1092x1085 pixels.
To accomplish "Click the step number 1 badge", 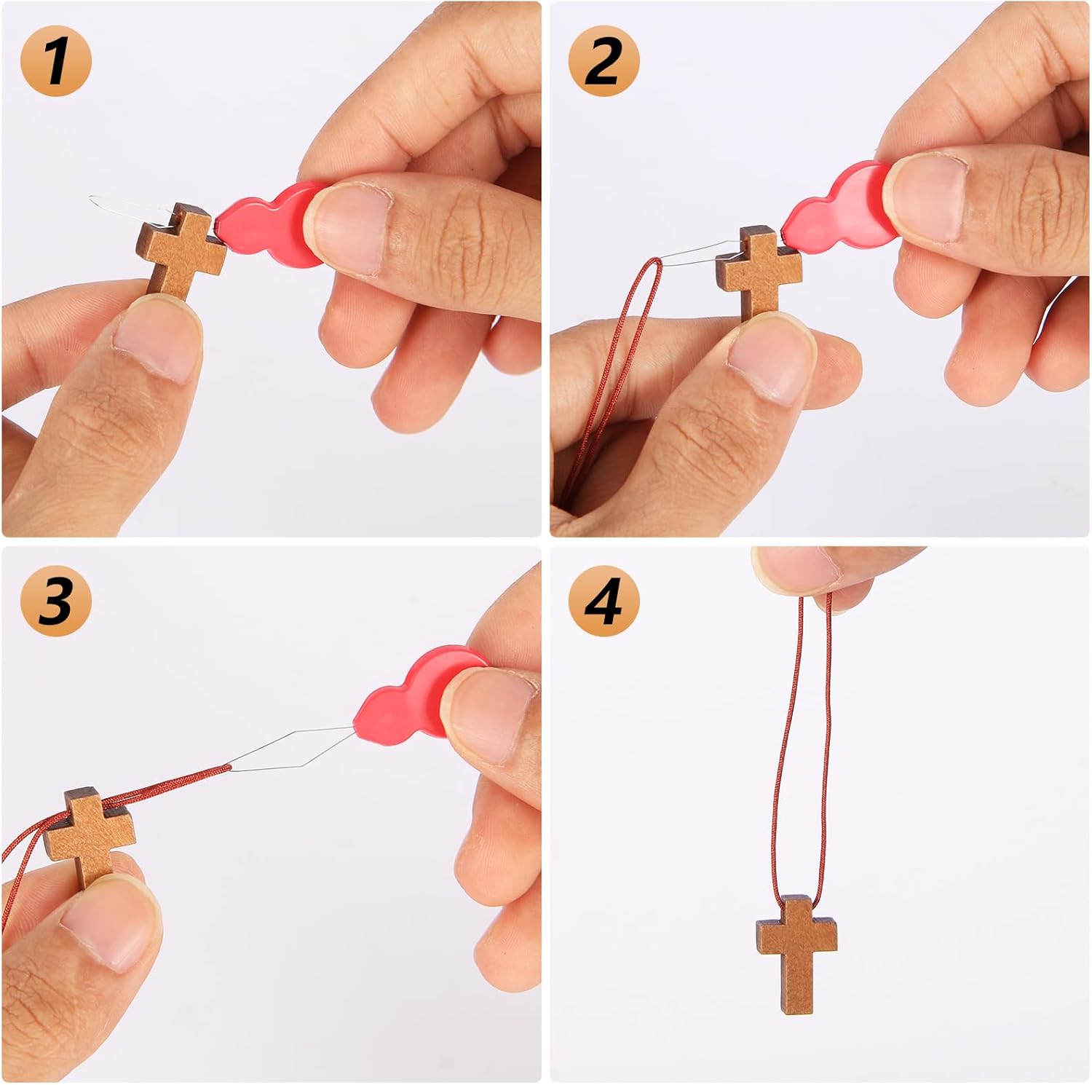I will click(x=56, y=61).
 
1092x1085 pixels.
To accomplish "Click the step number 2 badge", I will click(x=604, y=61).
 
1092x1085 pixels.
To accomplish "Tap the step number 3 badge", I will click(x=56, y=601).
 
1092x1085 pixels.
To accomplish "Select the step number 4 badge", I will click(x=604, y=601).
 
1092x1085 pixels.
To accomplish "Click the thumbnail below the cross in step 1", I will click(x=157, y=342).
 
